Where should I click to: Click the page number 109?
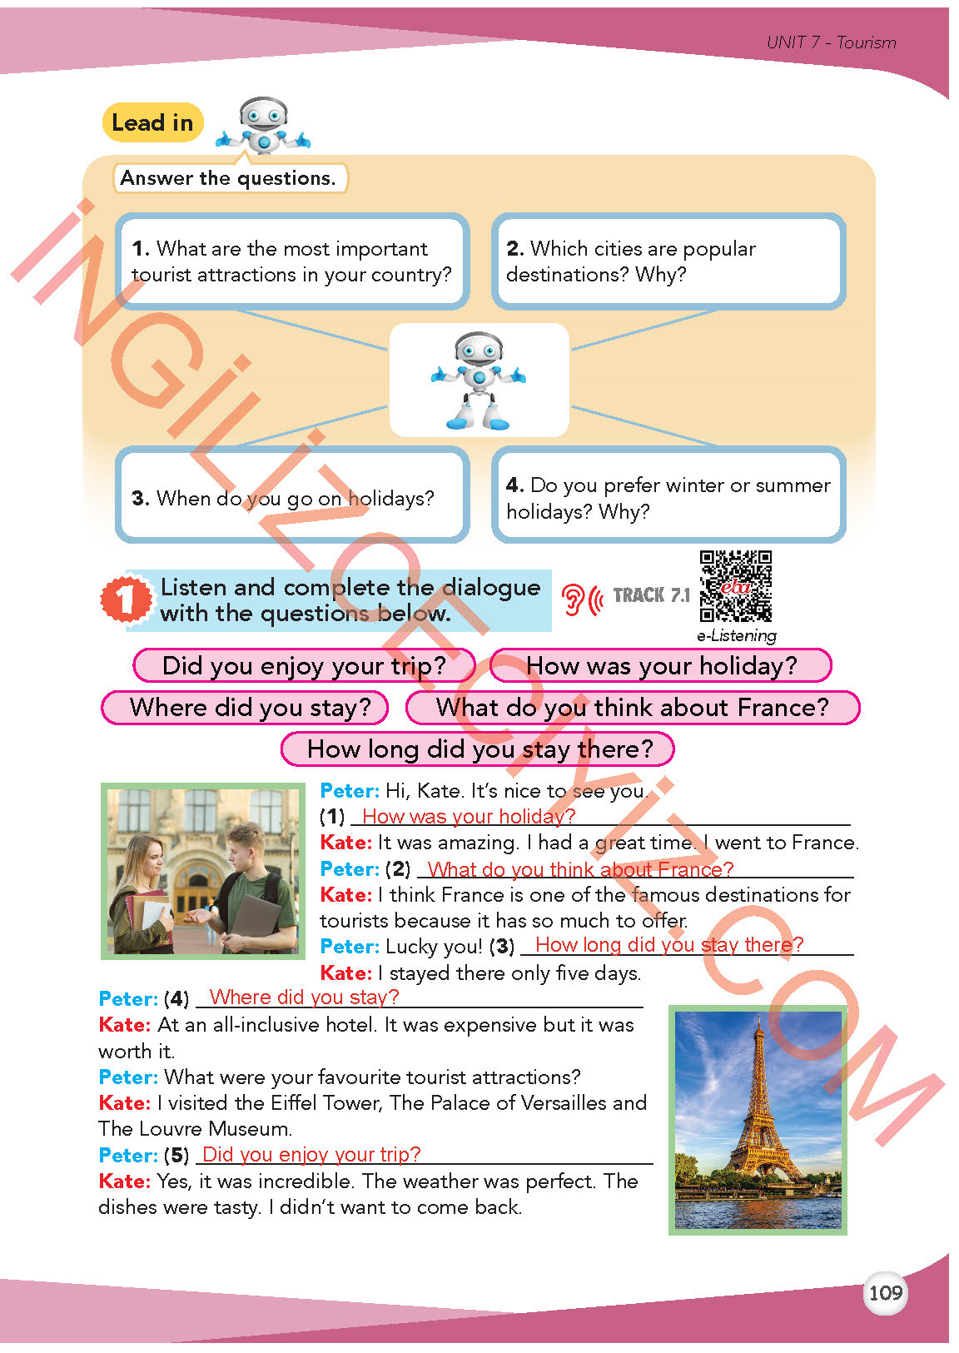[x=884, y=1292]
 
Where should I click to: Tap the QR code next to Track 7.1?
[x=735, y=586]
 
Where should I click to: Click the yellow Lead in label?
[x=152, y=123]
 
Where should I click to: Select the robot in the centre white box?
[x=479, y=381]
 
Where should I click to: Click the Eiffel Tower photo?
[x=758, y=1120]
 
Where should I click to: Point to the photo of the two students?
[x=202, y=870]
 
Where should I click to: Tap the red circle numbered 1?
[x=126, y=599]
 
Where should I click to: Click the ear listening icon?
[x=580, y=599]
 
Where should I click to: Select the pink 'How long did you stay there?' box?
[x=478, y=749]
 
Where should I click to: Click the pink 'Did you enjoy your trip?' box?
[x=304, y=666]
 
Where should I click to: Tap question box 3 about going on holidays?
[x=292, y=497]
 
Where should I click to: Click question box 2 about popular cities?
[x=668, y=261]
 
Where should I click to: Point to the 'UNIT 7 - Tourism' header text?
[x=831, y=42]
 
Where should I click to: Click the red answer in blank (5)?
[x=311, y=1154]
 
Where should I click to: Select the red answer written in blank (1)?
[x=469, y=816]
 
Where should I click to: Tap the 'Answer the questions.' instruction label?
[x=228, y=178]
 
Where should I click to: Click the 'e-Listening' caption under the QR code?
[x=737, y=636]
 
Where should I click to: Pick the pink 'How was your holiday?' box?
[x=661, y=666]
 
